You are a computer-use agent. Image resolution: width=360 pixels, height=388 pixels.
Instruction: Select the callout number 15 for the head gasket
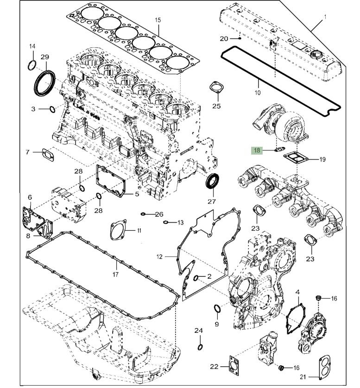coord(158,20)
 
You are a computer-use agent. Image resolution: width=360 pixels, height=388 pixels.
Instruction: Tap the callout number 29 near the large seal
coord(44,57)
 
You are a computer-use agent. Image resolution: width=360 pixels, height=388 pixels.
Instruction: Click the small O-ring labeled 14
coord(32,64)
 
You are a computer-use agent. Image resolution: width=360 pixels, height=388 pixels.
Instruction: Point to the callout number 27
coord(212,201)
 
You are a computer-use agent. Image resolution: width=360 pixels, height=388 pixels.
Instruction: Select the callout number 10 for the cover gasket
coord(258,93)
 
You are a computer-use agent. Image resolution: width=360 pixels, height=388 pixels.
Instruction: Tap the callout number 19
coord(322,160)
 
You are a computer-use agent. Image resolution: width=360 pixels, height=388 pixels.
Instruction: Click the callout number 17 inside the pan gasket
coord(115,274)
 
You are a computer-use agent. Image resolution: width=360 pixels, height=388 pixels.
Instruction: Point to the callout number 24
coord(199,331)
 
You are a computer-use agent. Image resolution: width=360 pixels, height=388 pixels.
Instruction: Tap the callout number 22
coord(214,367)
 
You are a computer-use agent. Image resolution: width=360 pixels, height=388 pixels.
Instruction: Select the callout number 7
coord(27,152)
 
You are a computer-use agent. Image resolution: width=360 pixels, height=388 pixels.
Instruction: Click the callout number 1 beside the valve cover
coord(325,17)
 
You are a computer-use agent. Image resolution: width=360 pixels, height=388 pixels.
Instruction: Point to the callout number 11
coord(139,230)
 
